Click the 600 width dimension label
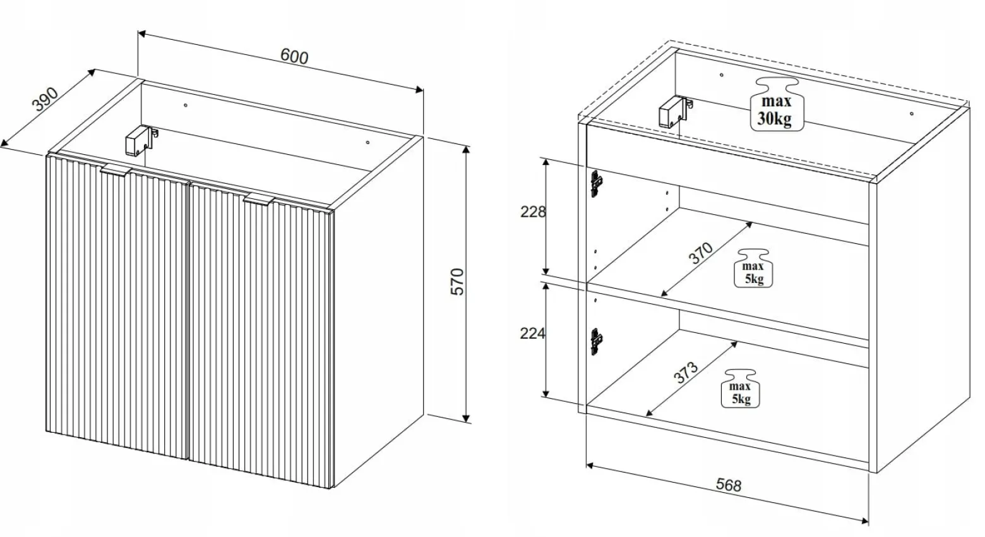tap(294, 56)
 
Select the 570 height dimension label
tap(457, 282)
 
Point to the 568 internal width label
tap(729, 484)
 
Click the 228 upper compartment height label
tap(533, 212)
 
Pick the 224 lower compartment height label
tap(532, 334)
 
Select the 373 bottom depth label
tap(686, 373)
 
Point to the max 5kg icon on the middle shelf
tap(753, 268)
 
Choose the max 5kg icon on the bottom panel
tap(741, 389)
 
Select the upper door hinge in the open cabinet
tap(596, 183)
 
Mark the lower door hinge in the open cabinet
tap(596, 342)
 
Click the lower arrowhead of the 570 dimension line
tap(466, 418)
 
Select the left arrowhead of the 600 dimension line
tap(141, 33)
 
